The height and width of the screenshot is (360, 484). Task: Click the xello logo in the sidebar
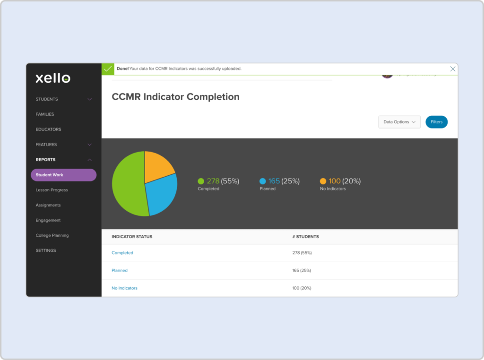53,78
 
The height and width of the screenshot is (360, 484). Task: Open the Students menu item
47,99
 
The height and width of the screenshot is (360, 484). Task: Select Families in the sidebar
45,114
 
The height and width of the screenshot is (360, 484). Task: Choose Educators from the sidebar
48,129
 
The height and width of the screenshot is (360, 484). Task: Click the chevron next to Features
90,145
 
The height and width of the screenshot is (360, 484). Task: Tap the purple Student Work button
63,175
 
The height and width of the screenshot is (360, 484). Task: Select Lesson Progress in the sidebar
52,190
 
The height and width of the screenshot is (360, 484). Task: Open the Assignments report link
48,205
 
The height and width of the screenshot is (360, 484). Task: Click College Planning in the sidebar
52,235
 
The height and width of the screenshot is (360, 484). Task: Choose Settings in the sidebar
46,250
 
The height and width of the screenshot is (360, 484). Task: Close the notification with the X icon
452,69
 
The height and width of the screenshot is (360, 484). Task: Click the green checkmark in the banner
108,69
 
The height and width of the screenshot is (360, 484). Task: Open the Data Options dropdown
399,122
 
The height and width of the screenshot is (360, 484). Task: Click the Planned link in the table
120,271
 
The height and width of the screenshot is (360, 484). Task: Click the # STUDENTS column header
305,237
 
